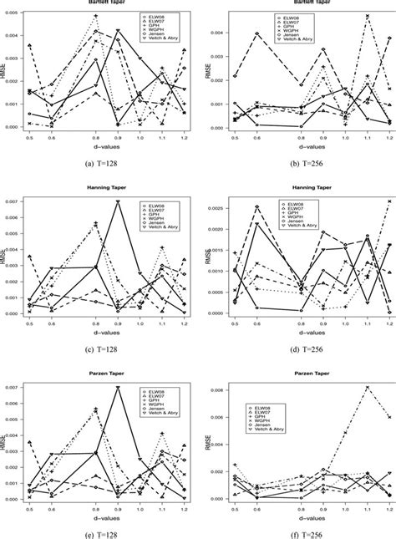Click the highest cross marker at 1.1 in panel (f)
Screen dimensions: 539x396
coord(367,387)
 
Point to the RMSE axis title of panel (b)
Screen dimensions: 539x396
coord(204,71)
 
